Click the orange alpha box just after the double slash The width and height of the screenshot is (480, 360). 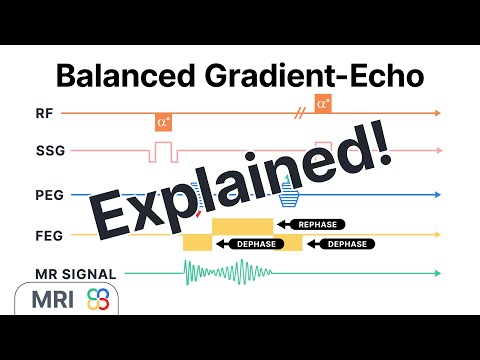pyautogui.click(x=322, y=104)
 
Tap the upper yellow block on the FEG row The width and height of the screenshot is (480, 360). pyautogui.click(x=241, y=225)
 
